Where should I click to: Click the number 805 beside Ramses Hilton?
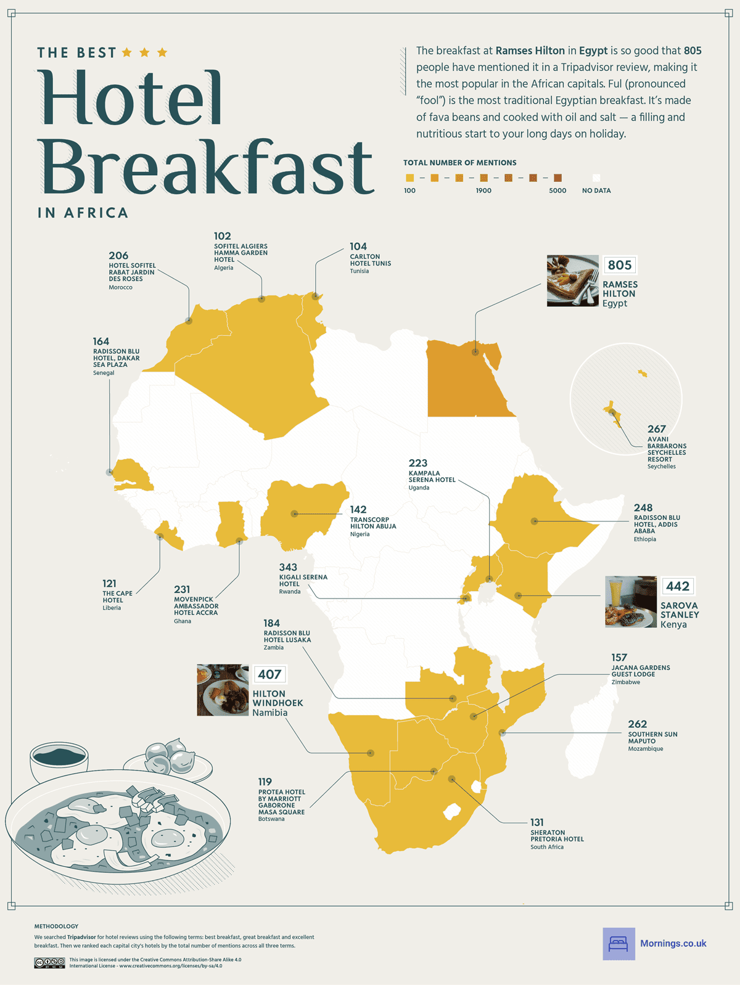pyautogui.click(x=619, y=265)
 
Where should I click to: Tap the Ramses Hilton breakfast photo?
pyautogui.click(x=572, y=280)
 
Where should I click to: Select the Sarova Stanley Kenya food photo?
pyautogui.click(x=630, y=602)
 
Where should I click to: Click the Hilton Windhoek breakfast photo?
pyautogui.click(x=223, y=690)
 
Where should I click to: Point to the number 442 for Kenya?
pyautogui.click(x=677, y=586)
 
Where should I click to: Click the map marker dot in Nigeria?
pyautogui.click(x=295, y=513)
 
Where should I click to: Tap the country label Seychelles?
pyautogui.click(x=661, y=467)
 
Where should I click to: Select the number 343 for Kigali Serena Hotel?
pyautogui.click(x=288, y=567)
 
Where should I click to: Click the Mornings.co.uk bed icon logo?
pyautogui.click(x=619, y=944)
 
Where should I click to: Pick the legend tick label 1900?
pyautogui.click(x=483, y=190)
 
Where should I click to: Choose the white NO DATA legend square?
pyautogui.click(x=596, y=178)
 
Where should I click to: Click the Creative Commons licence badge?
pyautogui.click(x=49, y=962)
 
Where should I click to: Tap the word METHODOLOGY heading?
pyautogui.click(x=56, y=926)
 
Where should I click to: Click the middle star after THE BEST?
pyautogui.click(x=144, y=52)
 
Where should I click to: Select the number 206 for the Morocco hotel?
pyautogui.click(x=118, y=255)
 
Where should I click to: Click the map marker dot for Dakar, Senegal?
pyautogui.click(x=109, y=472)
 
